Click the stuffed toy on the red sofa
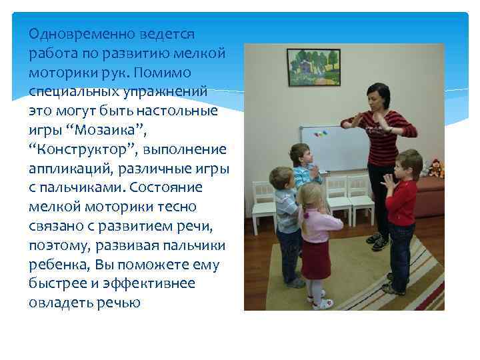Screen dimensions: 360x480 437,168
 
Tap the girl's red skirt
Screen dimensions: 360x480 315,260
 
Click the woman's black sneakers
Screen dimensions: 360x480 377,241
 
